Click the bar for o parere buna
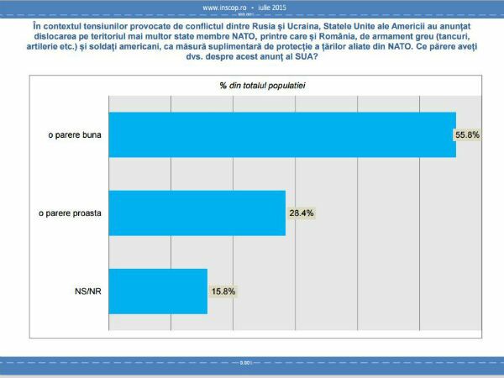[x=281, y=134]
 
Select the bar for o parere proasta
[x=197, y=213]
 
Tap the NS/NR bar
[x=158, y=291]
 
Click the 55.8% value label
[x=468, y=135]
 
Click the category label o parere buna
[x=75, y=134]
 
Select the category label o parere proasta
[x=71, y=213]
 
